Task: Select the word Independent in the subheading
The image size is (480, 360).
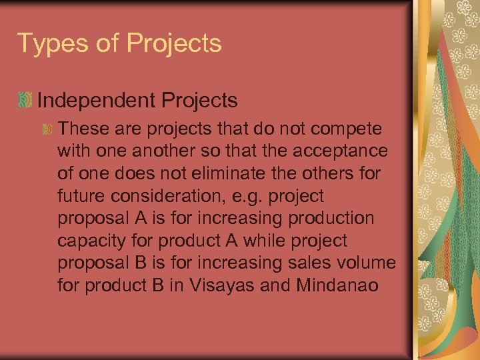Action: pos(97,101)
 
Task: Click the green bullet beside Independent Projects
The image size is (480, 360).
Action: pos(25,101)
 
